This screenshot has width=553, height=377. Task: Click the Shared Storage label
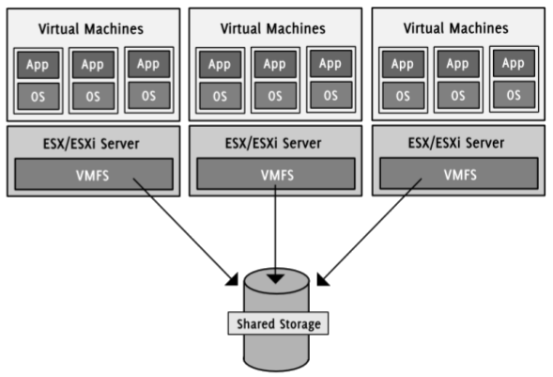tap(278, 323)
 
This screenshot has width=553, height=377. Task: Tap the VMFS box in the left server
tap(94, 174)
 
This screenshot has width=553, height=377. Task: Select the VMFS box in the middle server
tap(276, 174)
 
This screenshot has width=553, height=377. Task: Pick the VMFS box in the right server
tap(459, 174)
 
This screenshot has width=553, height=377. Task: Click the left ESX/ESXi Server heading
tap(91, 144)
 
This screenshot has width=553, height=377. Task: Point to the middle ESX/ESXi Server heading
tap(273, 143)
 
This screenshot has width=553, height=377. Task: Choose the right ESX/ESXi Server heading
tap(456, 143)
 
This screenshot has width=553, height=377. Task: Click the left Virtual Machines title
tap(91, 28)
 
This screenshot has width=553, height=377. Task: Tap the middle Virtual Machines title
tap(273, 28)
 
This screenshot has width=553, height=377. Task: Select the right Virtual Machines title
tap(456, 28)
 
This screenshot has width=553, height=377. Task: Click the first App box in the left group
tap(38, 65)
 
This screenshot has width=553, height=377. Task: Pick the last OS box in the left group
tap(149, 95)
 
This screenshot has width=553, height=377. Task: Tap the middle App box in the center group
tap(275, 64)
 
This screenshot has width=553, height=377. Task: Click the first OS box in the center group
tap(220, 96)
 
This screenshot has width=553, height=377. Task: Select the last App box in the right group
tap(514, 63)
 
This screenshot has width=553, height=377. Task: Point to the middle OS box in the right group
tap(458, 95)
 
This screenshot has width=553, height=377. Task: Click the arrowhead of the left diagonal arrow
tap(233, 279)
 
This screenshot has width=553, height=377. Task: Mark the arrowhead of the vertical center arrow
tap(275, 278)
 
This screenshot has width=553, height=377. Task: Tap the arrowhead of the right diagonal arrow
tap(322, 279)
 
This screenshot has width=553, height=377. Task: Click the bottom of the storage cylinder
tap(276, 369)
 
